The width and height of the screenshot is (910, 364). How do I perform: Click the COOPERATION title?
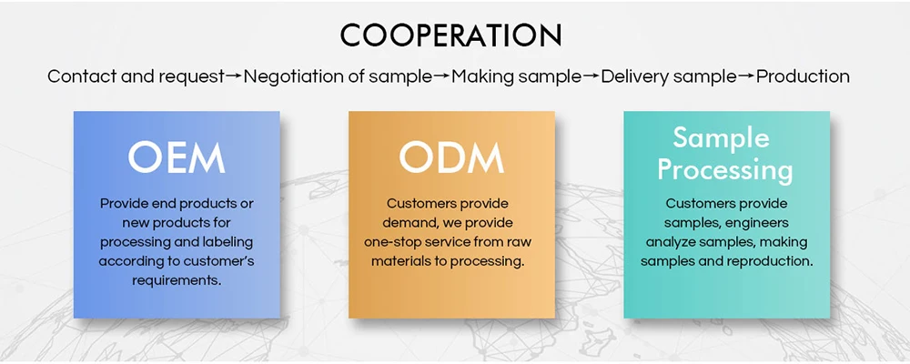[450, 35]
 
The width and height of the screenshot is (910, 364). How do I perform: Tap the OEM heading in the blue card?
[177, 157]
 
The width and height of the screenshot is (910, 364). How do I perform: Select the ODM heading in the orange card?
[451, 157]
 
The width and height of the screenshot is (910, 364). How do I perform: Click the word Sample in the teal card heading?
[721, 138]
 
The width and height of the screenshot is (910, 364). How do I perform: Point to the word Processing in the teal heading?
[725, 169]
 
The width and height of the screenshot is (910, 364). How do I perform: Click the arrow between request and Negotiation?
[234, 76]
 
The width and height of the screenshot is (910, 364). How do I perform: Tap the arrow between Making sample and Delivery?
[591, 76]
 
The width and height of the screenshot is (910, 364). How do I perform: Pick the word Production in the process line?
[803, 76]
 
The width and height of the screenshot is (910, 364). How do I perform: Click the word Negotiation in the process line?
[290, 76]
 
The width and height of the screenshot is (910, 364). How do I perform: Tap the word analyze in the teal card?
[673, 242]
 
